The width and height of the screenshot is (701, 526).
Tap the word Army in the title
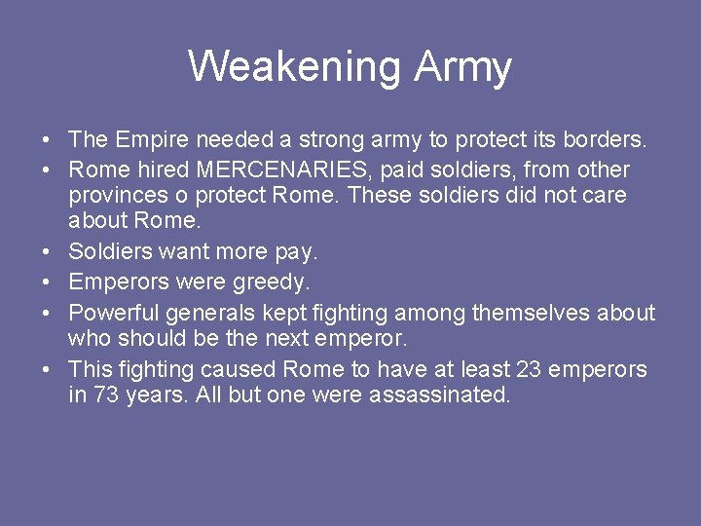pyautogui.click(x=462, y=66)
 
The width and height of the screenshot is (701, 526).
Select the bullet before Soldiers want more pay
pyautogui.click(x=47, y=251)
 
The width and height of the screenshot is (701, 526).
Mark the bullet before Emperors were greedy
pyautogui.click(x=47, y=282)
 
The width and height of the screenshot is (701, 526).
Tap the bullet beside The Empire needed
pyautogui.click(x=47, y=141)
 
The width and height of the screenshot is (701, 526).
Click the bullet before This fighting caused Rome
pyautogui.click(x=47, y=370)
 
